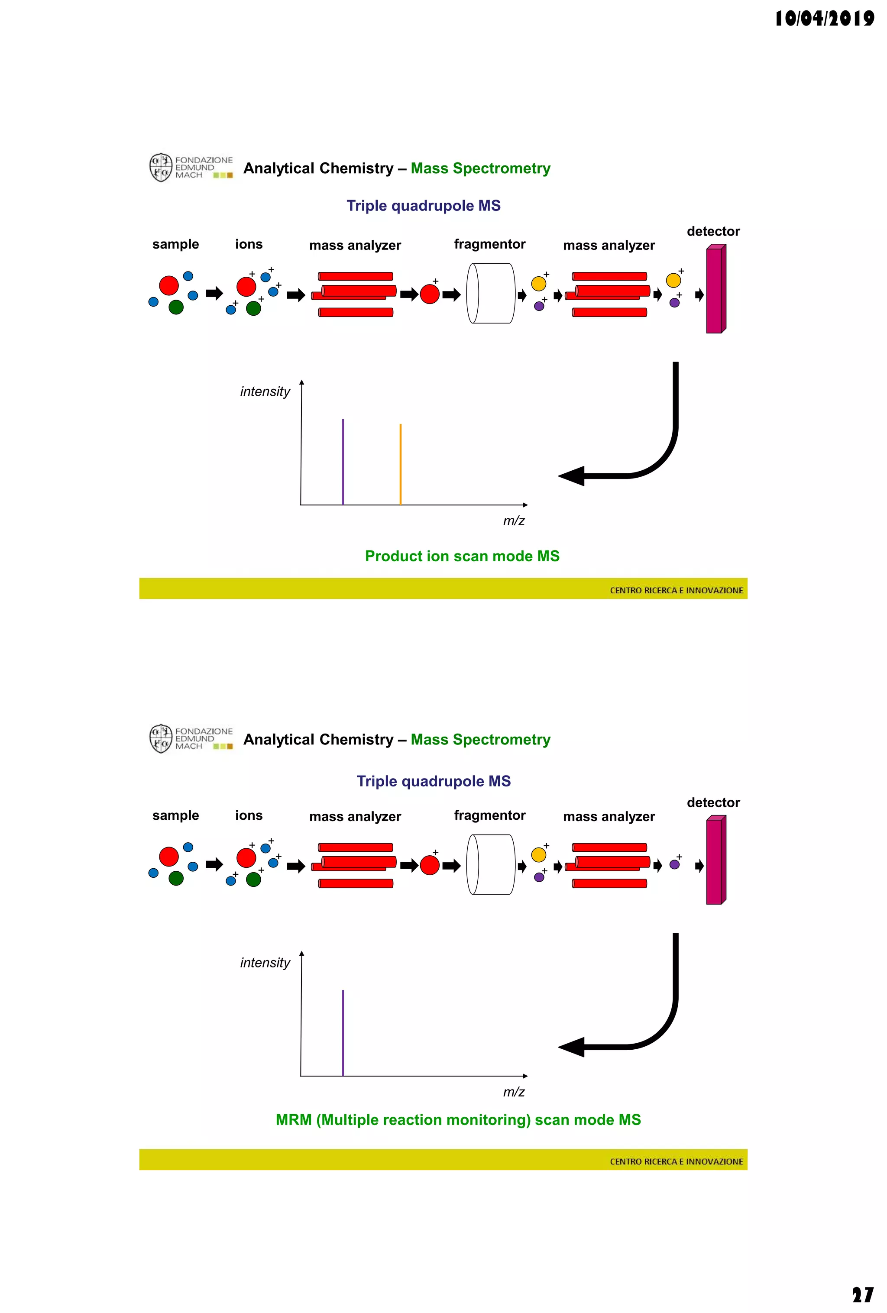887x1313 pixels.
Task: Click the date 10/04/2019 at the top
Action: coord(824,18)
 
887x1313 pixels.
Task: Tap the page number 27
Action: coord(862,1294)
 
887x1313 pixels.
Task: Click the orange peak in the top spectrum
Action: coord(400,464)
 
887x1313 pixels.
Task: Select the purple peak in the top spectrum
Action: coord(343,462)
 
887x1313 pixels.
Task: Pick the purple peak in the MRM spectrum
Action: coord(343,1033)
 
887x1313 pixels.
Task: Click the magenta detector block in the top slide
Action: coord(715,289)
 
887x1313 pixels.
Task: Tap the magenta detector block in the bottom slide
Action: coord(715,860)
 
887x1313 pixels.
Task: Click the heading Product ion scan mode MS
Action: coord(462,556)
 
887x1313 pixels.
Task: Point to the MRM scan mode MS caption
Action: coord(458,1120)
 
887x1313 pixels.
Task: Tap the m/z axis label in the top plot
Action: coord(514,521)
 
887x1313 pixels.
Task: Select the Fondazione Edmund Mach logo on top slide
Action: coord(191,168)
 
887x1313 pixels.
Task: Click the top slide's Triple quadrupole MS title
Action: coord(423,206)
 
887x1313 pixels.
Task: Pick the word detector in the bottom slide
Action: coord(713,803)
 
